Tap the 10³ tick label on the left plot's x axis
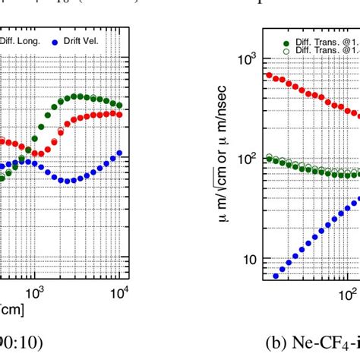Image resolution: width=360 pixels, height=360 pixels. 34,291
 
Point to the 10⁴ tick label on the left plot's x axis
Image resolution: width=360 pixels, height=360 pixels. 120,291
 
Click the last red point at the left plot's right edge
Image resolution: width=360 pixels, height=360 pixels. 118,114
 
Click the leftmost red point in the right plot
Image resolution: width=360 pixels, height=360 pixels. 268,74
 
